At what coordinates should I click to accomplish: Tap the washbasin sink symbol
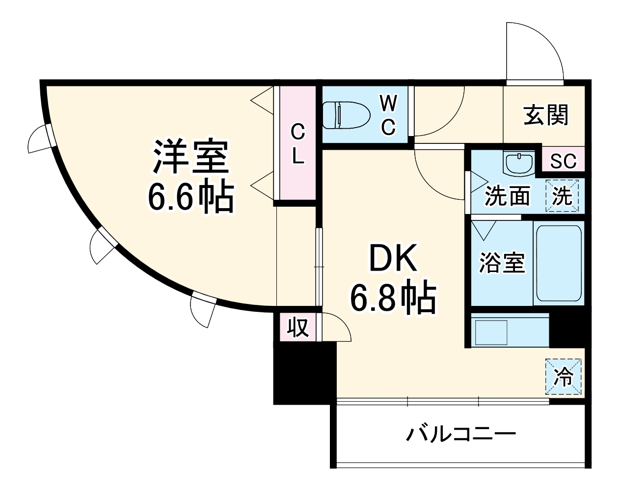click(519, 163)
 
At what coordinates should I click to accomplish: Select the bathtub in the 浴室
click(558, 263)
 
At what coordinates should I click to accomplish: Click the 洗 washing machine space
click(563, 195)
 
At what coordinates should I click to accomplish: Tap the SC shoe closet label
click(563, 161)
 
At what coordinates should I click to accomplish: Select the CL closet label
click(297, 143)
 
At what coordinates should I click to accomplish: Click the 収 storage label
click(297, 327)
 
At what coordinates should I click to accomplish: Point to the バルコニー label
click(461, 434)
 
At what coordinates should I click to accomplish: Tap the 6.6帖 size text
click(190, 197)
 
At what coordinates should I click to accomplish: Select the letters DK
click(393, 259)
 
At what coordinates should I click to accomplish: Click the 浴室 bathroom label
click(502, 263)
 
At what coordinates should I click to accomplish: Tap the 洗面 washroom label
click(507, 196)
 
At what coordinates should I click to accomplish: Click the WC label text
click(388, 115)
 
